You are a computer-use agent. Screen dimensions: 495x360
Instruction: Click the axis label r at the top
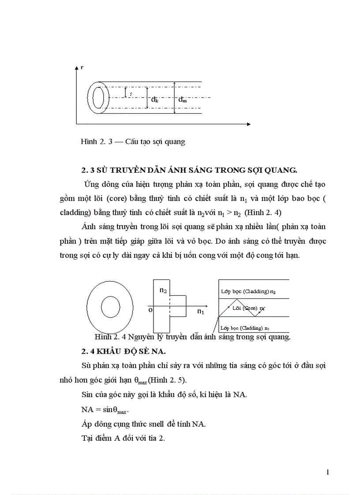point(82,67)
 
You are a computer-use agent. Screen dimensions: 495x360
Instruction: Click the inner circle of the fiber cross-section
point(111,306)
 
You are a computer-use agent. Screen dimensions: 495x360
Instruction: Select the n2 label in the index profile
point(163,290)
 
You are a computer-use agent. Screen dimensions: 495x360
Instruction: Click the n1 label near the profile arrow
point(201,312)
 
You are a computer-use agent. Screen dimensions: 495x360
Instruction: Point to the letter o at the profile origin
point(150,310)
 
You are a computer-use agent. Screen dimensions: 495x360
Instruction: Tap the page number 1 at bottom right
point(327,473)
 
